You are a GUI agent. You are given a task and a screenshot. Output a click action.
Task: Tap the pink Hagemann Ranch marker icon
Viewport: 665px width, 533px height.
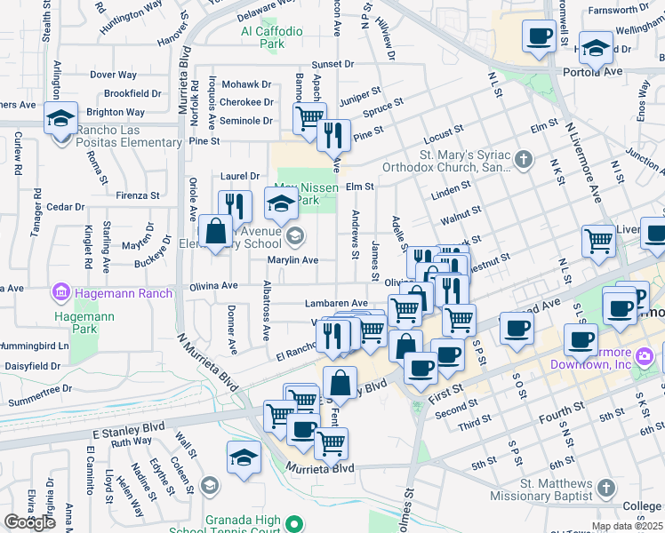click(60, 291)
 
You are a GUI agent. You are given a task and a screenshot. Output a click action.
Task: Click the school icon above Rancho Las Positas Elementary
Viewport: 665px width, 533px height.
click(60, 118)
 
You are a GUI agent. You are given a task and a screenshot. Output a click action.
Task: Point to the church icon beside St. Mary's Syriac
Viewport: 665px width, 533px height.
click(524, 160)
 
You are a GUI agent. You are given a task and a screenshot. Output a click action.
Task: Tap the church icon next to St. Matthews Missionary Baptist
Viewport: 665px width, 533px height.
click(605, 489)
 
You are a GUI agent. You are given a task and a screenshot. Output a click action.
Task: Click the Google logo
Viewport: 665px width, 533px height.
click(30, 522)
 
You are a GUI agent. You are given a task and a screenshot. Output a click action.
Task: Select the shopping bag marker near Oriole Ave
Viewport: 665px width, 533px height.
click(215, 233)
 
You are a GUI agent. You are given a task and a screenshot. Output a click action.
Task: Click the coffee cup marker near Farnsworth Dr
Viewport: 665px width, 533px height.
click(539, 36)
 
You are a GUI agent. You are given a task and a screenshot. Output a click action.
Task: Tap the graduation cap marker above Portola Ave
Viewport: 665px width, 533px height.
click(595, 48)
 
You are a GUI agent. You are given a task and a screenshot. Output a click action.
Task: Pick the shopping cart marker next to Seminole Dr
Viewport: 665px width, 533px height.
click(308, 118)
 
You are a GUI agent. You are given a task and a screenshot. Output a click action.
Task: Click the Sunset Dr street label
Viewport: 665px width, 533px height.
click(332, 65)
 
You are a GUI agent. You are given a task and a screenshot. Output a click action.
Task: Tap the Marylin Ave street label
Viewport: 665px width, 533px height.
click(294, 260)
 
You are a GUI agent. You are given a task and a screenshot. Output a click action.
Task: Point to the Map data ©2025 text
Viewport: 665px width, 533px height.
click(627, 526)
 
